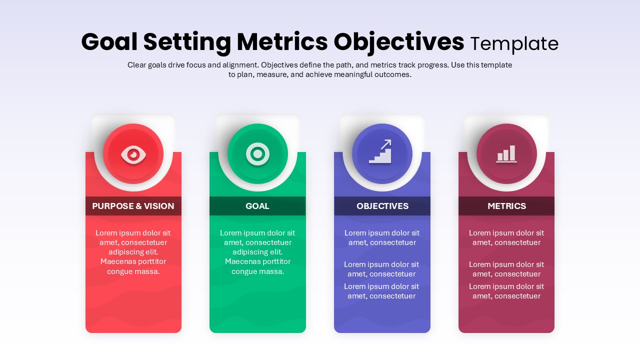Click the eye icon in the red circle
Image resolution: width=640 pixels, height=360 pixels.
tap(133, 154)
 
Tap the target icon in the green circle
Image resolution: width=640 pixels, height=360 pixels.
tap(257, 154)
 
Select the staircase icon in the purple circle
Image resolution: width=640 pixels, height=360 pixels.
tap(380, 153)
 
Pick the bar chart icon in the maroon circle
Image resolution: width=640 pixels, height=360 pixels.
tap(506, 154)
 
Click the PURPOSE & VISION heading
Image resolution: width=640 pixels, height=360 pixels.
tap(133, 206)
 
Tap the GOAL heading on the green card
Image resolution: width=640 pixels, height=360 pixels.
tap(257, 206)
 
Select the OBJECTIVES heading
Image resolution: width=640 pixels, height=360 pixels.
tap(382, 206)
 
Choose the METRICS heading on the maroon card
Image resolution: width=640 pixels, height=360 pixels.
tap(506, 206)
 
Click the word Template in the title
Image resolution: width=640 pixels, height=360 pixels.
tap(514, 44)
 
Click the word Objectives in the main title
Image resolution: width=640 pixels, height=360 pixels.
tap(399, 42)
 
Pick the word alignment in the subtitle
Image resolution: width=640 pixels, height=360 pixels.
tap(238, 65)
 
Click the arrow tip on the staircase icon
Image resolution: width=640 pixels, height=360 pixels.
tap(389, 142)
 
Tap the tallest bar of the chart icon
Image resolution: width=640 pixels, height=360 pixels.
tap(512, 153)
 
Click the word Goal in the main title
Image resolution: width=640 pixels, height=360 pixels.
tap(109, 42)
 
